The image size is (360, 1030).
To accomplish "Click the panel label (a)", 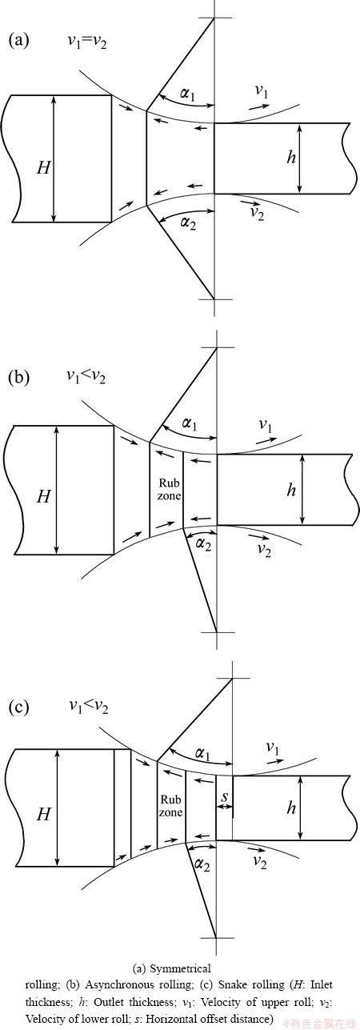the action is tap(19, 40).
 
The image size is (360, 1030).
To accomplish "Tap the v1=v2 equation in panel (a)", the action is tap(87, 42).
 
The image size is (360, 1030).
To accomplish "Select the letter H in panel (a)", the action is tap(43, 168).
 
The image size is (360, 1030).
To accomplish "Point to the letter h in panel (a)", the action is tap(291, 157).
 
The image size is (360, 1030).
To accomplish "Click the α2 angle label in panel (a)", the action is tap(187, 223).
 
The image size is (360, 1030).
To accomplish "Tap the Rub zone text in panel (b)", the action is tap(169, 489).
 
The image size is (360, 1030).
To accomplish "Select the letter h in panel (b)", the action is tap(291, 490).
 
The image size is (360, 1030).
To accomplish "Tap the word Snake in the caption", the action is tap(233, 984).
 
